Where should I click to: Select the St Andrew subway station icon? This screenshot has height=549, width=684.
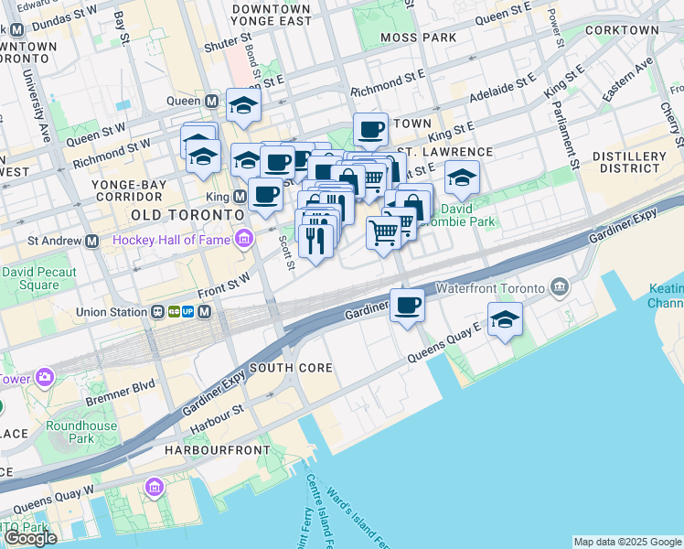tap(91, 242)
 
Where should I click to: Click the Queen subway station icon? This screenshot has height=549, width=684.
tap(211, 102)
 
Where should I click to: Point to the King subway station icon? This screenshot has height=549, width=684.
tap(240, 196)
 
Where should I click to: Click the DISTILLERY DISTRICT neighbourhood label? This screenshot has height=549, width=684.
tap(627, 162)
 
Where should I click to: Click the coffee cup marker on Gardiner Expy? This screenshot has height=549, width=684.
tap(407, 307)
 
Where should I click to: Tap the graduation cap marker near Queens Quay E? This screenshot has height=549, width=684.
tap(504, 321)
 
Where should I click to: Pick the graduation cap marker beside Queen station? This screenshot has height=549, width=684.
tap(243, 106)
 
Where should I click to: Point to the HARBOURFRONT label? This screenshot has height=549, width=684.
tap(217, 450)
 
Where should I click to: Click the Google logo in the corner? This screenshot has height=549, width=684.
tap(30, 538)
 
